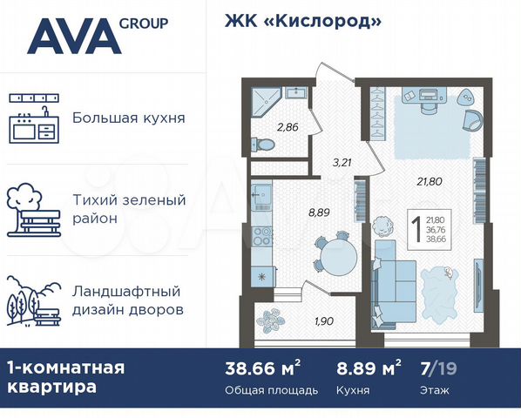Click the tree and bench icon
[33, 209]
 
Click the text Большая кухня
[128, 118]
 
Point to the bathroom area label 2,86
[287, 128]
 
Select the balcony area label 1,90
[324, 321]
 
